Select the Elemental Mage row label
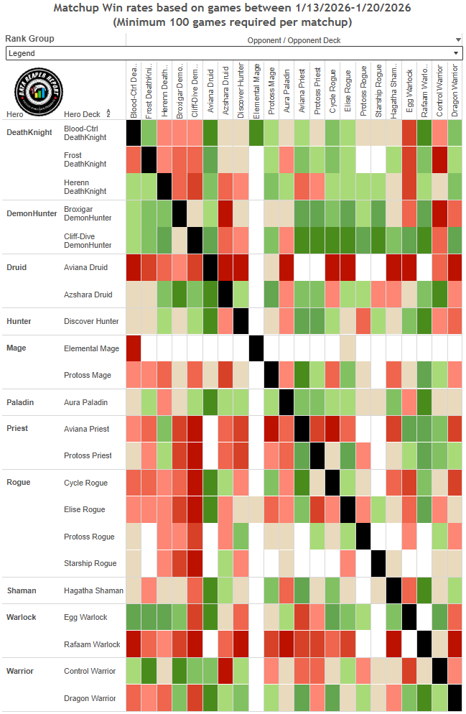91,348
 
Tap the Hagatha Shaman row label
93,590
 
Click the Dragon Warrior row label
90,698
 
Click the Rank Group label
29,39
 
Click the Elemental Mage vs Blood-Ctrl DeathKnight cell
133,348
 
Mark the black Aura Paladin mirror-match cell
286,402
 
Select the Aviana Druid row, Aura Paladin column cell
286,267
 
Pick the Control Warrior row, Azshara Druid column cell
225,671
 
